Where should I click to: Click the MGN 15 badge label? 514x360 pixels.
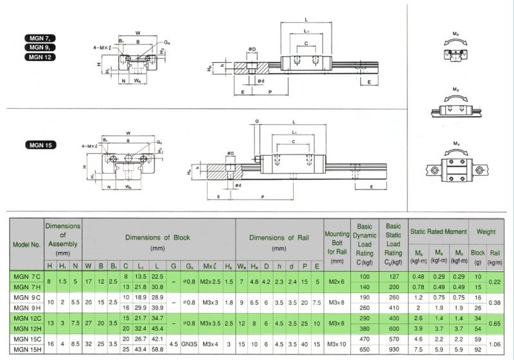pos(41,145)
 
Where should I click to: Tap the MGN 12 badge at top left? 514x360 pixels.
pos(41,57)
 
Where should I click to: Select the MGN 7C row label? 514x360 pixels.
pos(26,276)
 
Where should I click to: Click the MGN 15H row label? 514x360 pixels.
pos(27,350)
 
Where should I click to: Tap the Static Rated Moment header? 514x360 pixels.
pos(438,230)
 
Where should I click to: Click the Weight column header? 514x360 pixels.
pos(484,230)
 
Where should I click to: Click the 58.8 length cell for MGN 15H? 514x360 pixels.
pos(157,350)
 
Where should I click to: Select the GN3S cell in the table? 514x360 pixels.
pos(189,345)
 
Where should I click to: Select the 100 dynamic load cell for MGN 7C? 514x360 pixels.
pos(364,276)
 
